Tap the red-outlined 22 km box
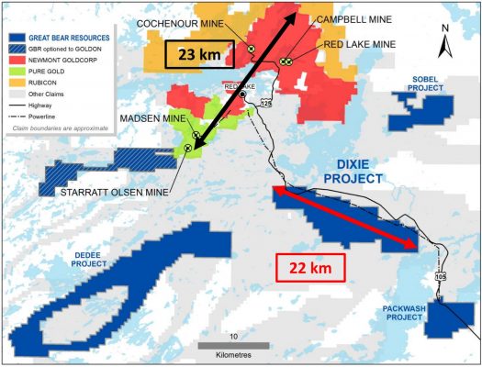[310, 268]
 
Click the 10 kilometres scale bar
[234, 346]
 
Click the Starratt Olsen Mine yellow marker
[188, 147]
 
